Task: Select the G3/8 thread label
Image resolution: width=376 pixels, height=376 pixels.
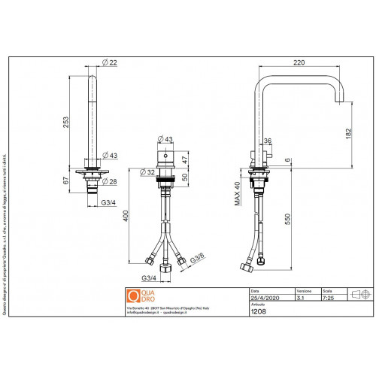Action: (199, 259)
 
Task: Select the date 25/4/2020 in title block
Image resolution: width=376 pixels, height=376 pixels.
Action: (263, 298)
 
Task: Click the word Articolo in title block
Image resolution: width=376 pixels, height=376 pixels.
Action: (257, 304)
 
